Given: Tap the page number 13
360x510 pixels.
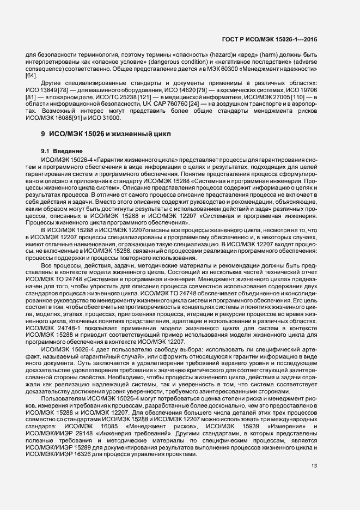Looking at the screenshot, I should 314,465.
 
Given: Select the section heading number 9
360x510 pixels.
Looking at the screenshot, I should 43,133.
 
